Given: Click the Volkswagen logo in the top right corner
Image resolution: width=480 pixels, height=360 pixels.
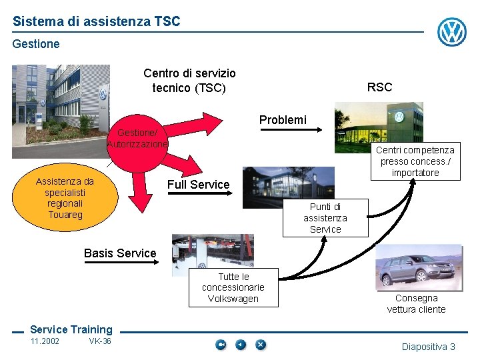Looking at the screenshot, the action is tap(451, 32).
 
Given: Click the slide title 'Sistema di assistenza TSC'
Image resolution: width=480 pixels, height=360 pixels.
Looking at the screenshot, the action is tap(96, 21).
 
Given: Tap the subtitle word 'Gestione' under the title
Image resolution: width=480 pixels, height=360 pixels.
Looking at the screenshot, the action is tap(36, 44).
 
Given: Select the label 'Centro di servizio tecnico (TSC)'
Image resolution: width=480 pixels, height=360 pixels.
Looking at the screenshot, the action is tap(189, 80).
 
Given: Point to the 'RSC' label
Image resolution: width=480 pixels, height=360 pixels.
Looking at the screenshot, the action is tap(380, 87).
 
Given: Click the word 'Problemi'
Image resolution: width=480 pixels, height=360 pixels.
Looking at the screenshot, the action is tap(283, 120).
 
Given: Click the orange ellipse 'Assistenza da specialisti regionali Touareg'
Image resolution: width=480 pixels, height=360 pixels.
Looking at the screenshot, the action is tap(65, 198).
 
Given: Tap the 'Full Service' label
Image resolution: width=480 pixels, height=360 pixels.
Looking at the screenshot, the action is tap(198, 185).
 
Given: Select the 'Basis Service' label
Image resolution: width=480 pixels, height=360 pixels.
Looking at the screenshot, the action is tap(120, 253).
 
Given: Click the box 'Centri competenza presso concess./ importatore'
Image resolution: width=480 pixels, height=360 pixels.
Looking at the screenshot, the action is tap(415, 161).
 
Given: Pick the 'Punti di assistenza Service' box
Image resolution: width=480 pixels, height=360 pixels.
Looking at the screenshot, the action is tap(325, 218).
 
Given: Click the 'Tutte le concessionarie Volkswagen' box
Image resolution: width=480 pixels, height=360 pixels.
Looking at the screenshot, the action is tap(233, 287).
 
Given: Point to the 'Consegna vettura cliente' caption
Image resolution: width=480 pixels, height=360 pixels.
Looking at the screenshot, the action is tap(416, 303).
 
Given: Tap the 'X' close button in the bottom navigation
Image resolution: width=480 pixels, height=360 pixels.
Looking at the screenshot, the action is tap(261, 345).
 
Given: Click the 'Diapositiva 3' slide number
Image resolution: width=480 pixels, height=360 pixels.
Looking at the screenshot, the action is tap(428, 347).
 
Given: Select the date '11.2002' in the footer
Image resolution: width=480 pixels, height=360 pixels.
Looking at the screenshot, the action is tap(45, 341).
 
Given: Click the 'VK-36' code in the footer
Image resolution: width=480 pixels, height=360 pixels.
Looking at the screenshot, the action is tap(100, 341).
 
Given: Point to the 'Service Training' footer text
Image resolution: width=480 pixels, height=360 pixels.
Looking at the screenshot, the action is tap(71, 329).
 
